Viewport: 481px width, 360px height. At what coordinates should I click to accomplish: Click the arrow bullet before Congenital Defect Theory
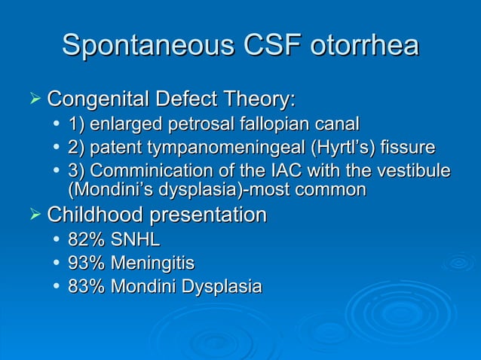coord(32,99)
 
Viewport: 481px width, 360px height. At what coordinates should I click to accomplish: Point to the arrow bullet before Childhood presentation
coord(32,215)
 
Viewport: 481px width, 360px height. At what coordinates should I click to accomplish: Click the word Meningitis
coord(152,264)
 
